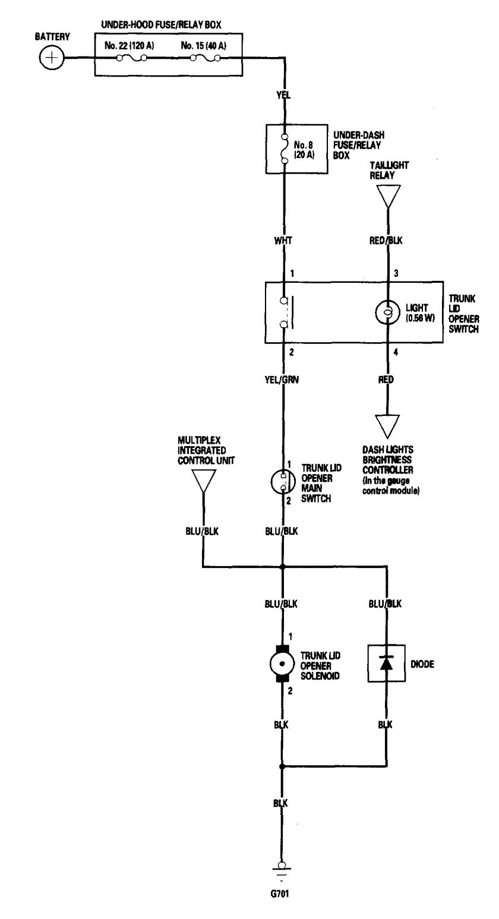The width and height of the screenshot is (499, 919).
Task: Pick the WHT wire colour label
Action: point(283,241)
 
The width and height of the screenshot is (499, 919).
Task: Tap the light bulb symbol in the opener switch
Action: point(388,312)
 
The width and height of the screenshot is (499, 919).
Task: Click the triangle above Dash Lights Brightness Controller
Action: point(388,426)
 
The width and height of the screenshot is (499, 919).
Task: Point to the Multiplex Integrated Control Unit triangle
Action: point(203,480)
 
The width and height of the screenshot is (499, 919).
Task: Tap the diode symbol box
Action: point(387,663)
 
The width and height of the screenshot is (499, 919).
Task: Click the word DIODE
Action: point(422,664)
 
